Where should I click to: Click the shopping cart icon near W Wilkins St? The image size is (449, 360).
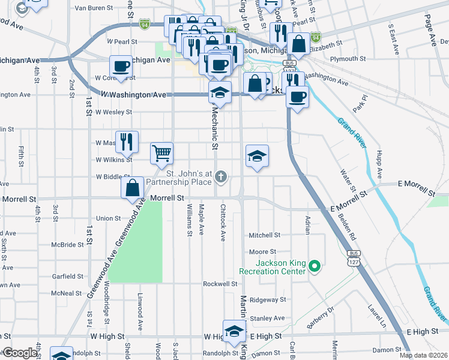161,154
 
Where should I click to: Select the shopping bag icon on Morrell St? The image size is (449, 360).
132,188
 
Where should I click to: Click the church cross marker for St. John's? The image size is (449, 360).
221,176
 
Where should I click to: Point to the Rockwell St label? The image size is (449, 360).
220,284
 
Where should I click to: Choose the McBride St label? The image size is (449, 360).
67,245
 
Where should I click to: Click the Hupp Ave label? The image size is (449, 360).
379,166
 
